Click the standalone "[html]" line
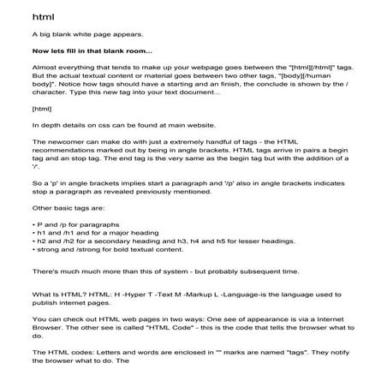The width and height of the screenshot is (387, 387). tap(41, 109)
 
